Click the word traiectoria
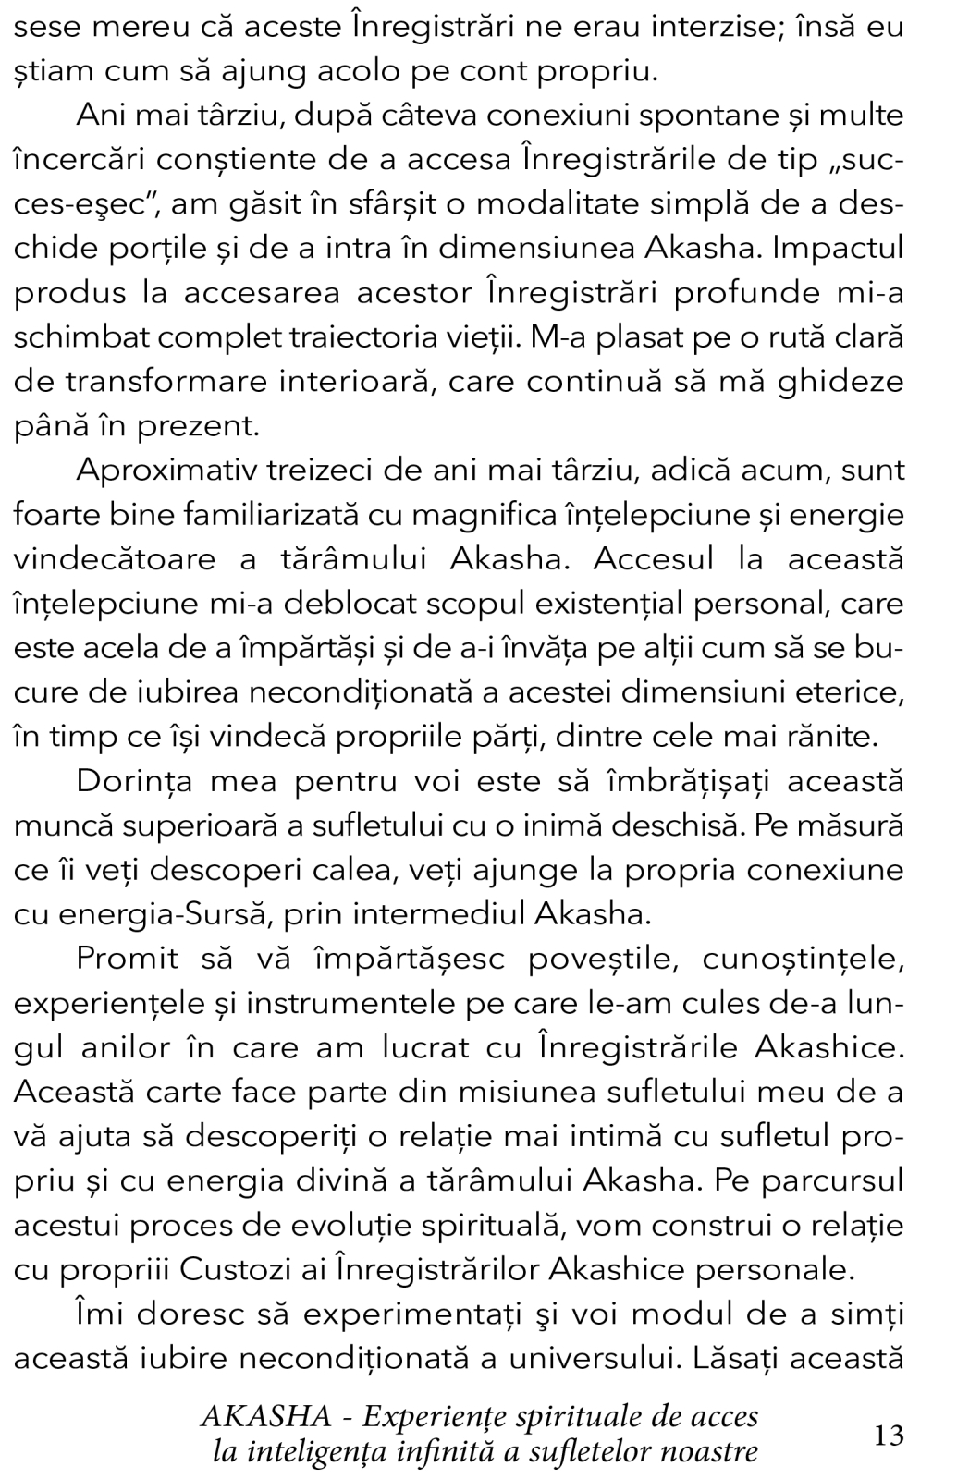coord(370,336)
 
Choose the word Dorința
coord(130,780)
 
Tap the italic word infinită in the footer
coord(433,1451)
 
